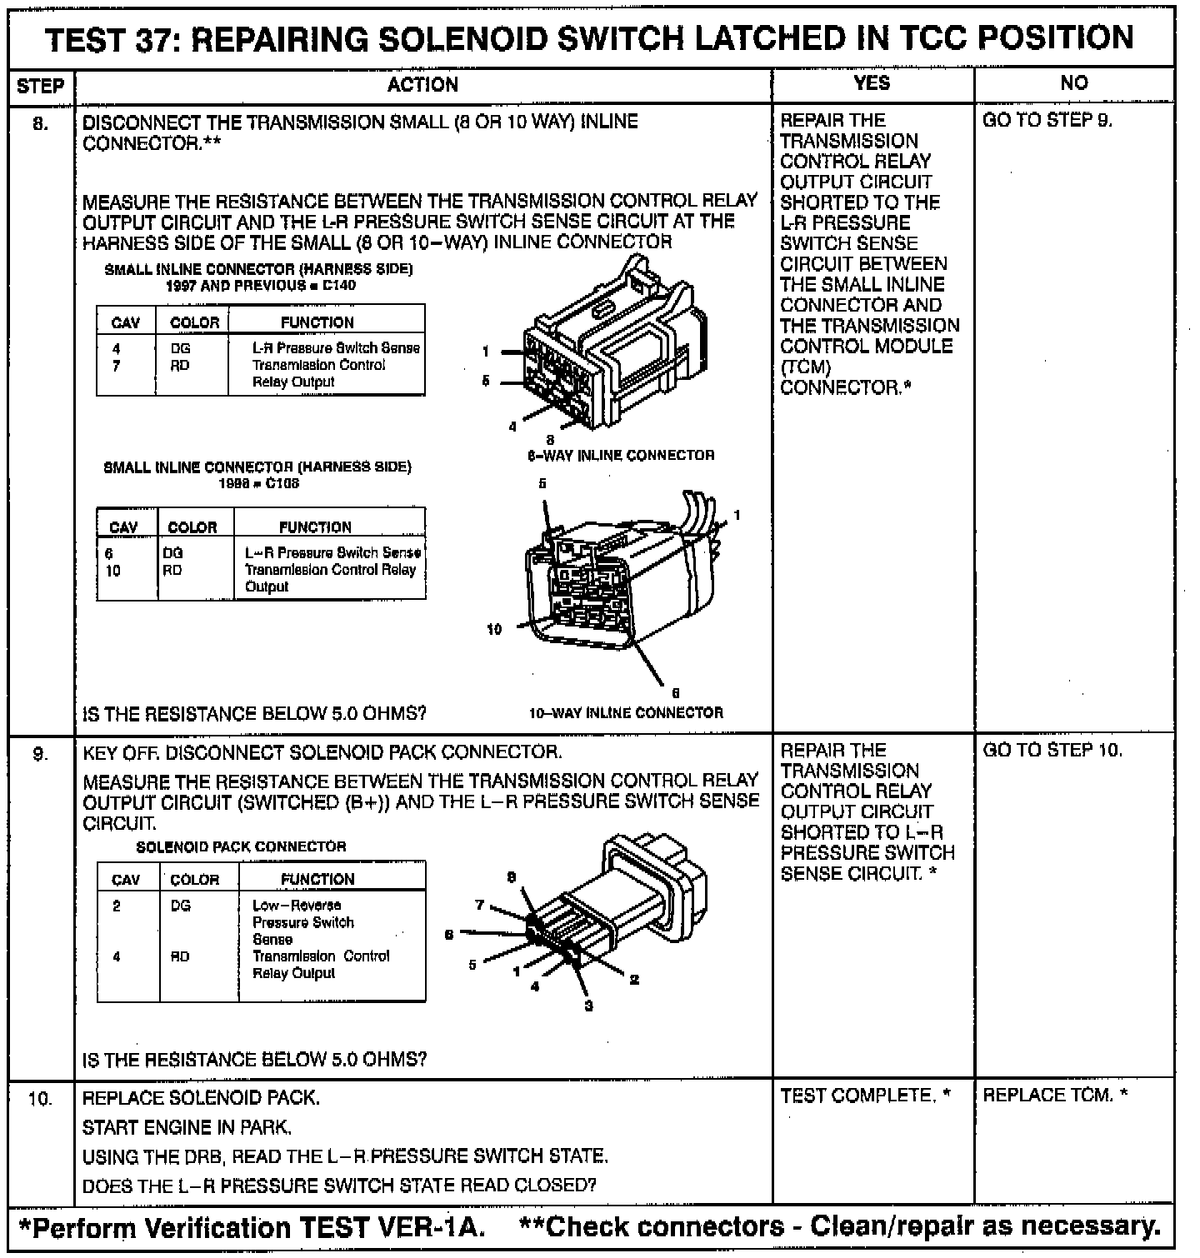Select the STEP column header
coord(40,86)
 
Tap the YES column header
coord(872,82)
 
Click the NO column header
coord(1074,82)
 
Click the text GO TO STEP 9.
coord(1047,121)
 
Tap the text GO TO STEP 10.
coord(1052,750)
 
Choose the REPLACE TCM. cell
coord(1055,1095)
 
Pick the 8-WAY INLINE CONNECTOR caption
coord(621,456)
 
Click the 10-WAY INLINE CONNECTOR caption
coord(626,713)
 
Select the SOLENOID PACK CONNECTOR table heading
coord(241,846)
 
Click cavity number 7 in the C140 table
coord(117,366)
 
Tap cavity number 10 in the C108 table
coord(113,571)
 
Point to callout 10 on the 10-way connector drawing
coord(495,630)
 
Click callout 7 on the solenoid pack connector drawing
coord(479,905)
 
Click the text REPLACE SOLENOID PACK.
coord(201,1098)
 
